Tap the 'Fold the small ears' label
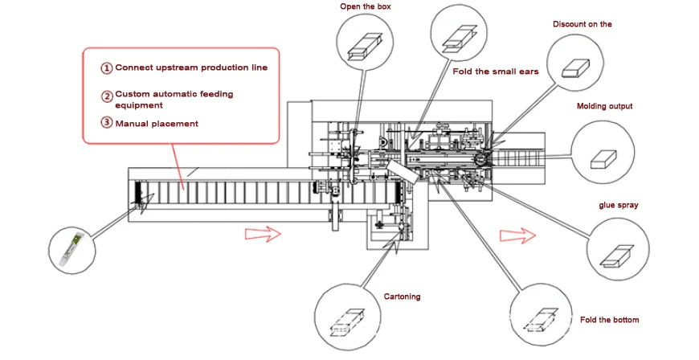click(496, 72)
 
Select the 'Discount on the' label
click(582, 24)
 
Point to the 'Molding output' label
click(604, 106)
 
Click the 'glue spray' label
click(618, 205)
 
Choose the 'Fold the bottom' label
click(610, 320)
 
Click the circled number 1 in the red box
click(106, 68)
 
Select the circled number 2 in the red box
click(106, 96)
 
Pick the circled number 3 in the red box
click(106, 123)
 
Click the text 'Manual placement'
click(157, 124)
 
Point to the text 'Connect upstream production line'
click(191, 68)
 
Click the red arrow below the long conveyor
click(261, 234)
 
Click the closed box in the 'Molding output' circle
click(602, 158)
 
